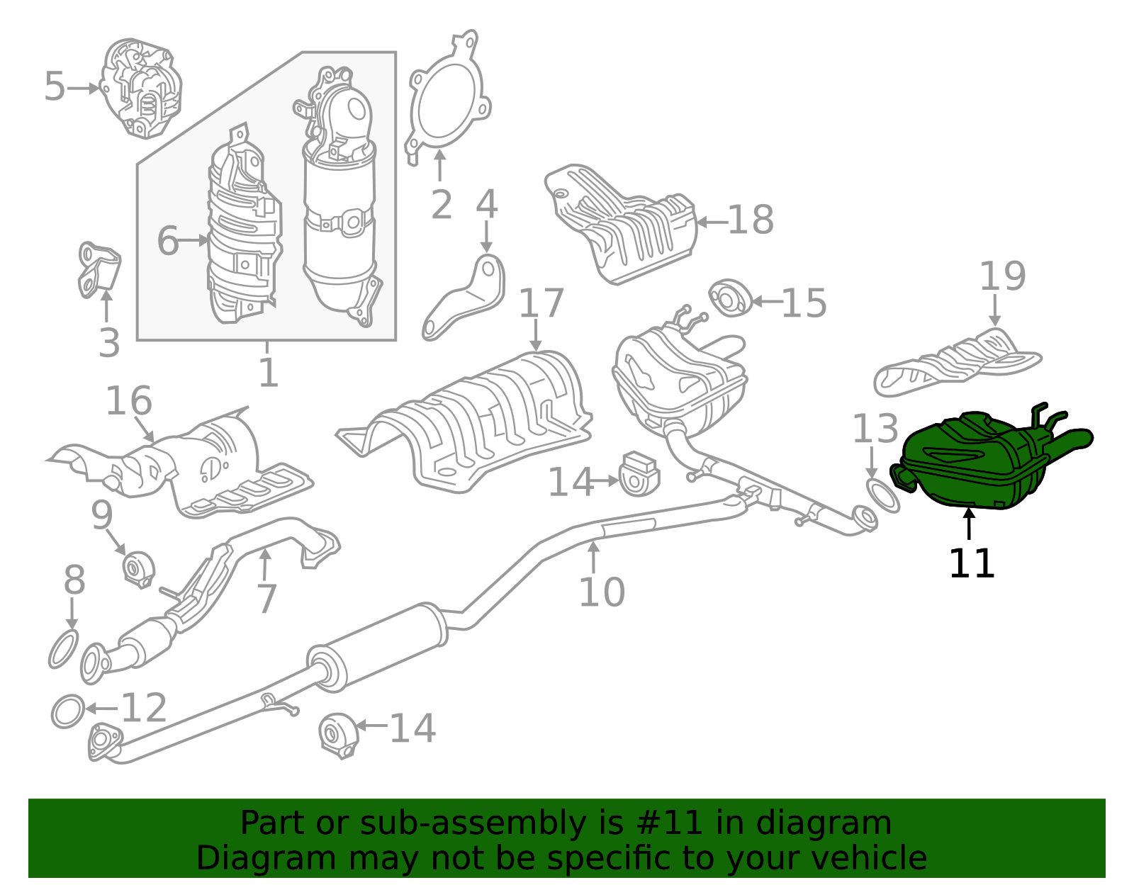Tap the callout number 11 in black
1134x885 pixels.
coord(971,564)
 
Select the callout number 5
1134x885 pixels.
coord(55,87)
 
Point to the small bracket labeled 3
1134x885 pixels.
coord(98,271)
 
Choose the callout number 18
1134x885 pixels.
coord(751,220)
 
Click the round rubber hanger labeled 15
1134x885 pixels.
coord(729,299)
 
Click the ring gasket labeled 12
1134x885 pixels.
coord(68,711)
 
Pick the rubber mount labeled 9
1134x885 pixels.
coord(138,568)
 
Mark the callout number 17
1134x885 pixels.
coord(541,303)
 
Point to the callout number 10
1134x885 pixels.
coord(601,592)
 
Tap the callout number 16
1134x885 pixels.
coord(128,402)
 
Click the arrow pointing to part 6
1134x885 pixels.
coord(193,241)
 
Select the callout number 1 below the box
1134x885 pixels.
coord(268,373)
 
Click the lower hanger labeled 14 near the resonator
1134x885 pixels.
coord(338,735)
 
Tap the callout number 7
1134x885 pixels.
coord(266,599)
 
